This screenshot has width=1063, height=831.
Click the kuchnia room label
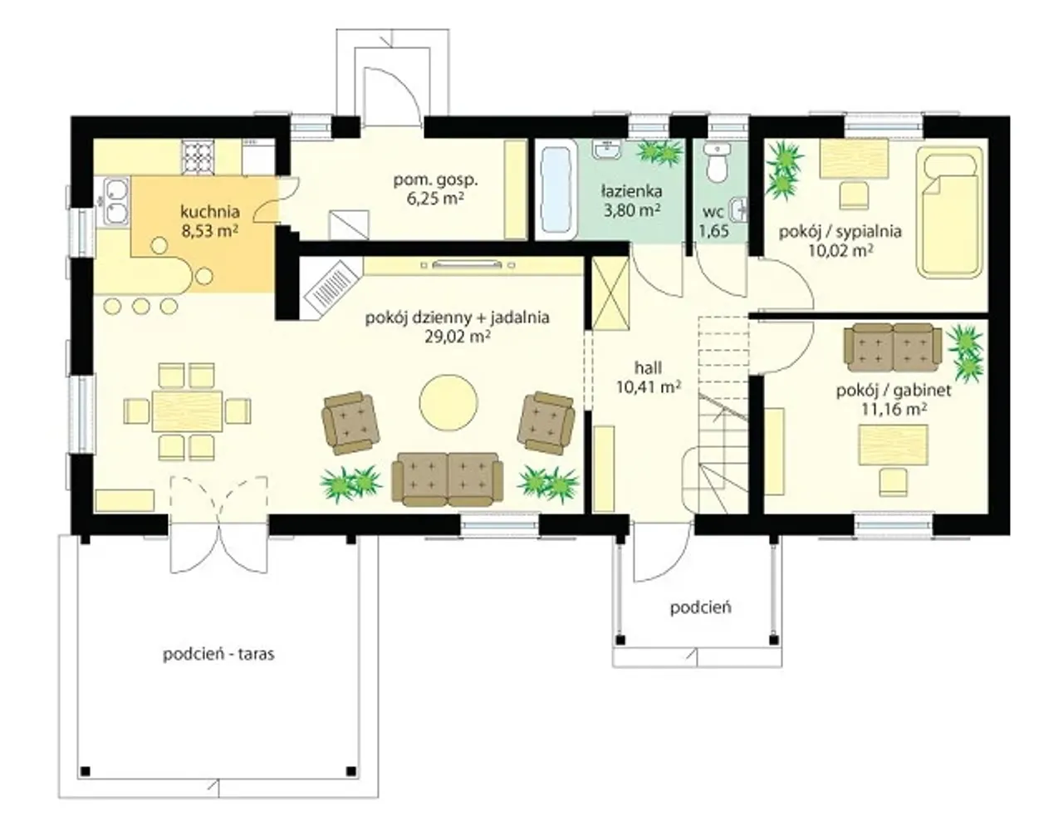coord(210,212)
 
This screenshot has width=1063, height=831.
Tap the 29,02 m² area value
coord(458,337)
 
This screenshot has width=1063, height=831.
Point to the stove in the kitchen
coord(198,158)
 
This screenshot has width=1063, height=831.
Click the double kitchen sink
coord(116,201)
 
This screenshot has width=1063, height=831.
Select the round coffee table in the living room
coord(448,403)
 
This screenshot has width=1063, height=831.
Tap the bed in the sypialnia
coord(950,213)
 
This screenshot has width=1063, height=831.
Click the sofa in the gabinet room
coord(893,347)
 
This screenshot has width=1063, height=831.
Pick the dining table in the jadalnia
coord(188,411)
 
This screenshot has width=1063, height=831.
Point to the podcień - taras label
coord(218,654)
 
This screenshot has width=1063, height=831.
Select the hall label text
coord(648,367)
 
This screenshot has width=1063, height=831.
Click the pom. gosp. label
coord(435,180)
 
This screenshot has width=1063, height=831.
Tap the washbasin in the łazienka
coord(607,149)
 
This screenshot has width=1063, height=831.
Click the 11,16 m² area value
coord(894,409)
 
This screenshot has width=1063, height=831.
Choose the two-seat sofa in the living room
coord(447,479)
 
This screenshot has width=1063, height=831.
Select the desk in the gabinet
coord(894,445)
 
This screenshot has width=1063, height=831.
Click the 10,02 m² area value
coord(840,251)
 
